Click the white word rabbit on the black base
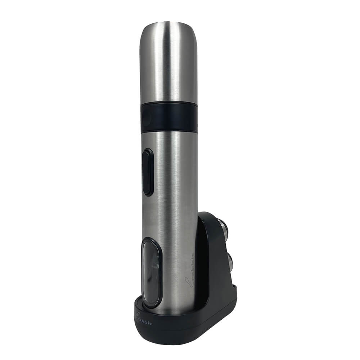pos(145,321)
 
